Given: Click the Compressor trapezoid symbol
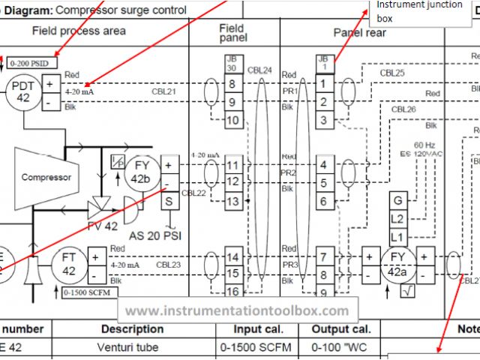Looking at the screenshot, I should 46,177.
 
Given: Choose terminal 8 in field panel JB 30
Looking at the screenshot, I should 232,84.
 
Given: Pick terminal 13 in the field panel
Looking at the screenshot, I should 232,201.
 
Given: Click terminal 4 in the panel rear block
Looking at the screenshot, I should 323,164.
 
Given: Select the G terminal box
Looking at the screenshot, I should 397,201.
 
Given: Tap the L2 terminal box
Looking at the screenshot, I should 397,218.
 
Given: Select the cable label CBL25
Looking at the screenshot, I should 392,73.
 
